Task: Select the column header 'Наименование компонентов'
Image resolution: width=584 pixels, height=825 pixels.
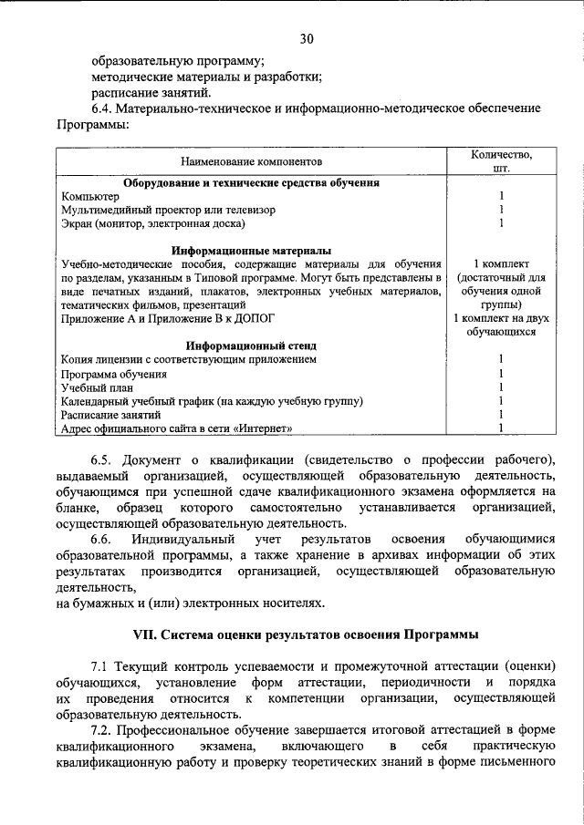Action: coord(252,161)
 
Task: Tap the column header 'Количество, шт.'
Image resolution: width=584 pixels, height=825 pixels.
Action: coord(500,161)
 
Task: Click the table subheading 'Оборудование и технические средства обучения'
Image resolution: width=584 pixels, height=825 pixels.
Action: coord(252,182)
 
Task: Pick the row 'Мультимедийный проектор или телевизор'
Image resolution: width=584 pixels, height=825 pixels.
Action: coord(168,210)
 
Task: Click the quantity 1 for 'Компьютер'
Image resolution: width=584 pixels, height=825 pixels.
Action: coord(501,196)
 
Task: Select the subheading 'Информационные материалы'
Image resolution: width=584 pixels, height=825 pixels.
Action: coord(252,250)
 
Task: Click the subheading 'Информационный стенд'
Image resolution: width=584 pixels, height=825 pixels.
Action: coord(252,345)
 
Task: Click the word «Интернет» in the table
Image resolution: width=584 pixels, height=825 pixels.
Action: coord(265,428)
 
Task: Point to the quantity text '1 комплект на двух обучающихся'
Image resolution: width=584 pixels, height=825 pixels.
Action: coord(500,325)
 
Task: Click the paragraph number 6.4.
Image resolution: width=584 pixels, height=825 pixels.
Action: coord(102,108)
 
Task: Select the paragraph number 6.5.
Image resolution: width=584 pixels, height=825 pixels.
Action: coord(102,458)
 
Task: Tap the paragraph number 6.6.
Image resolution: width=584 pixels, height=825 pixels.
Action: coord(102,540)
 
